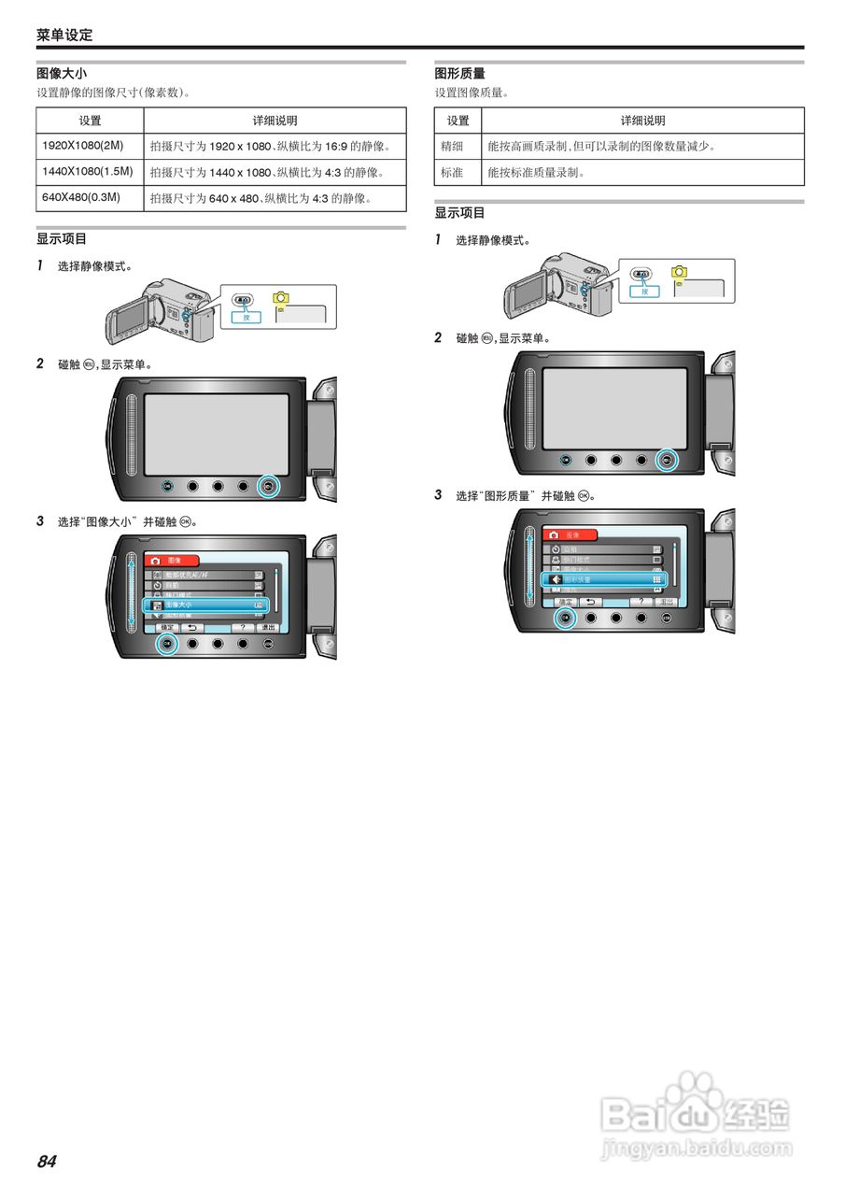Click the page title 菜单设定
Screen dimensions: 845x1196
64,35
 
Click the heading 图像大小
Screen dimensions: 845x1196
62,73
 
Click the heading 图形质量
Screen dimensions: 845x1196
459,73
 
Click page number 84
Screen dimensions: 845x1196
47,1161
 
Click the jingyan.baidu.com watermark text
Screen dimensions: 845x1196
696,1148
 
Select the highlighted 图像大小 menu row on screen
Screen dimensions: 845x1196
205,605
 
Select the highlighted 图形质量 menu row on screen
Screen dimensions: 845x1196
604,579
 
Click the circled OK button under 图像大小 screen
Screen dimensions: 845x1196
167,643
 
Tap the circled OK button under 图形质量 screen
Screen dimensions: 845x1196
565,618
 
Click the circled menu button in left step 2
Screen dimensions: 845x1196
269,486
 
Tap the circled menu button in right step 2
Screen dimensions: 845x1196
666,459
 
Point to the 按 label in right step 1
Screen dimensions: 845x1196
644,291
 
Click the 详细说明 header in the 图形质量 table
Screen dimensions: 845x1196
642,121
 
